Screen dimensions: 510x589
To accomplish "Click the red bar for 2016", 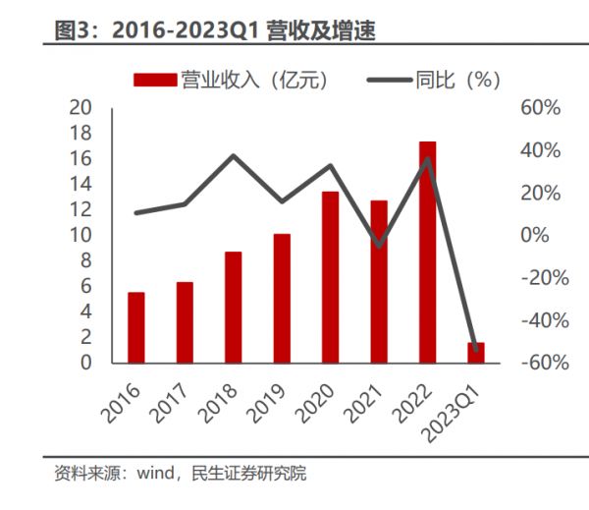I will click(136, 327).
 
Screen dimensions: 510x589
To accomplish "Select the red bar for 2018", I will click(233, 307).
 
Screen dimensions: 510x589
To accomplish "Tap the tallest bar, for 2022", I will click(427, 252).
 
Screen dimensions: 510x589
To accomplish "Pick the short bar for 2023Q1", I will click(476, 353).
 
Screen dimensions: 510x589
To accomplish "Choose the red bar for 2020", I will click(330, 276).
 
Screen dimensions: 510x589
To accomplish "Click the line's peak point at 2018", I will click(234, 155).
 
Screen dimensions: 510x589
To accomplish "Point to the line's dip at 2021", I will click(379, 245).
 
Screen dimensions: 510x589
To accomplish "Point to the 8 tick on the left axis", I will click(86, 260).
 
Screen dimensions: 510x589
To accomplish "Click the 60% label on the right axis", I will click(537, 107).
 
